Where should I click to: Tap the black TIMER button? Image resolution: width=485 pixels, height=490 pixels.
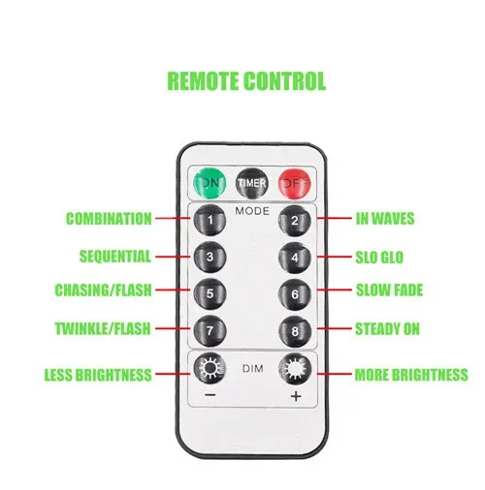point(252,183)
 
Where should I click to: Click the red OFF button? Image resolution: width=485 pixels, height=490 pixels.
point(295,184)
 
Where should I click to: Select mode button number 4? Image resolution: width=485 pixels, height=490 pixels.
point(295,258)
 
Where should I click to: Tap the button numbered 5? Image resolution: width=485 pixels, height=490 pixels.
point(210,293)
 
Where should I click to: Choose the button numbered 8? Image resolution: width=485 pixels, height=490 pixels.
point(295,331)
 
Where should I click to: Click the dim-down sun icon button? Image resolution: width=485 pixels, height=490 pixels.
point(210,368)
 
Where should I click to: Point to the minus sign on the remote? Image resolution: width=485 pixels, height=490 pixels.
point(210,395)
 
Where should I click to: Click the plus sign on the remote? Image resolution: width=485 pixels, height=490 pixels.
point(296,396)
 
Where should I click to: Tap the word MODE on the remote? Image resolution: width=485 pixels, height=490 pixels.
point(252,211)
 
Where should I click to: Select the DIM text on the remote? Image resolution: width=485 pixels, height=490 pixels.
point(252,369)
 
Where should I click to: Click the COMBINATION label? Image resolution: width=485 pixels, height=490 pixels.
point(109,219)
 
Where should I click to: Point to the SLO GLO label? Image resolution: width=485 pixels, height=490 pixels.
point(379,258)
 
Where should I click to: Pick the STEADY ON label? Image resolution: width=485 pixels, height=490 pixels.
point(388,329)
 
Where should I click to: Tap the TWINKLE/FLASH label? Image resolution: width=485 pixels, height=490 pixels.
point(103,328)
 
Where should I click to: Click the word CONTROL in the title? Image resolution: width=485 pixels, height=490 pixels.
point(284,80)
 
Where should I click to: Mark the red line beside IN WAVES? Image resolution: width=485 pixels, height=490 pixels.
point(334,218)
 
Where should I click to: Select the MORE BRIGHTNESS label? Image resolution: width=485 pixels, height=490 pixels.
point(411,375)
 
